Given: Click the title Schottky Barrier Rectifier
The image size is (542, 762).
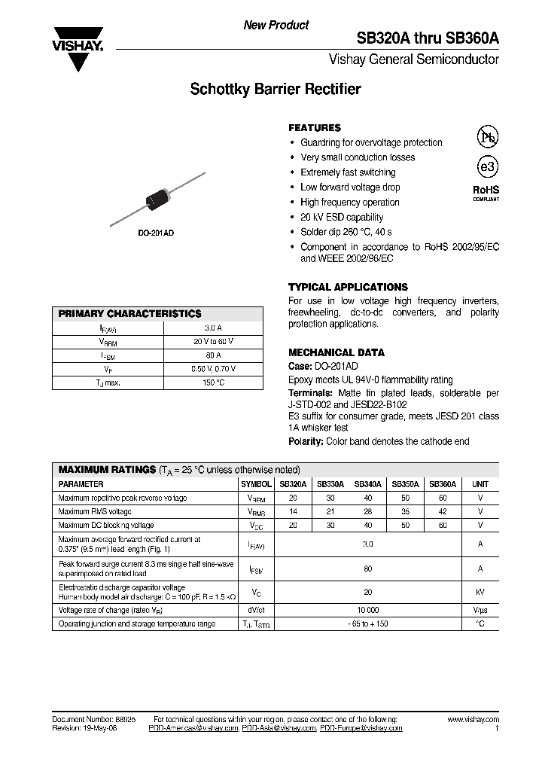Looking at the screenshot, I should pos(275,90).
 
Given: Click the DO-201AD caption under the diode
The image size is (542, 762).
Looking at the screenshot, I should pos(157,233).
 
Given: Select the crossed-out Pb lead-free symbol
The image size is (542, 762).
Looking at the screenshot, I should pos(488,136).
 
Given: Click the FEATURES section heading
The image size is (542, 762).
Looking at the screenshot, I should pos(315,128).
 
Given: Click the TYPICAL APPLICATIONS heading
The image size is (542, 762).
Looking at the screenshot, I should pos(348,287).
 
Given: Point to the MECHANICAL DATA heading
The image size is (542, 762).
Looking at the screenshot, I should pos(336,352).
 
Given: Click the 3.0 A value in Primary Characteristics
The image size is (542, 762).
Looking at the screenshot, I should pos(213,328).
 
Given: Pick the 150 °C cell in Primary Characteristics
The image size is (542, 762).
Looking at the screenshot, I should pos(213,383).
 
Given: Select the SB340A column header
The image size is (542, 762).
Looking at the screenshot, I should pos(368,485).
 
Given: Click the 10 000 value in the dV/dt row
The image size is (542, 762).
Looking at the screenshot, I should pos(368,611).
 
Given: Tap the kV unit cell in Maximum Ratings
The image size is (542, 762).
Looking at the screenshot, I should pos(480,592).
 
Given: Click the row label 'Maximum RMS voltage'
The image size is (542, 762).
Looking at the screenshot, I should pos(95,511).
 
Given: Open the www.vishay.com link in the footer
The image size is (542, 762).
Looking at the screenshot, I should pos(473,720).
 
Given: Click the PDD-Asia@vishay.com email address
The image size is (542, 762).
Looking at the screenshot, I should pos(281,729).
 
